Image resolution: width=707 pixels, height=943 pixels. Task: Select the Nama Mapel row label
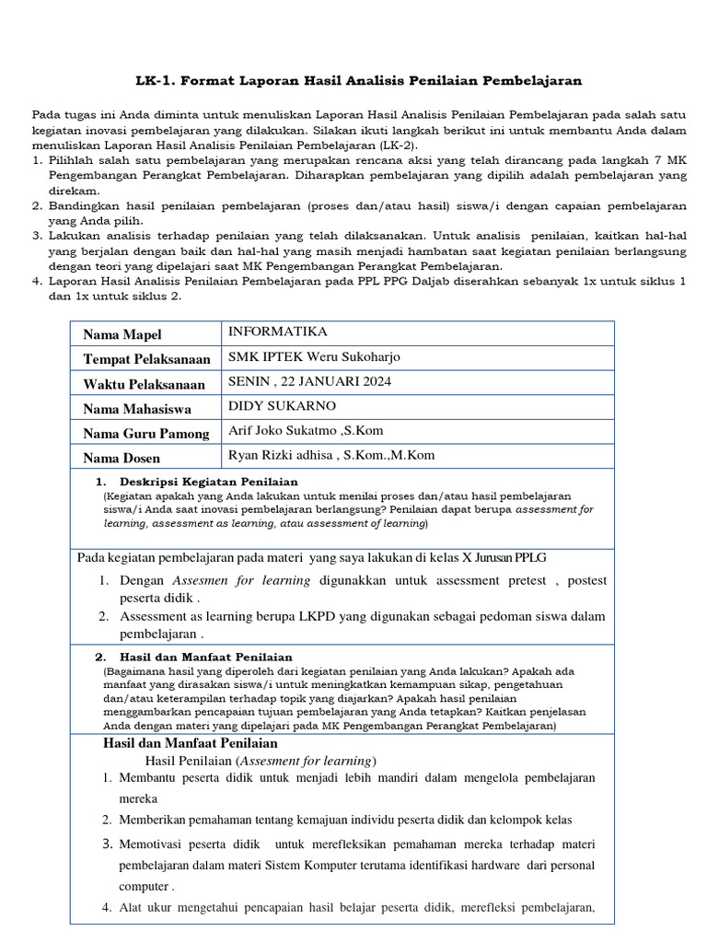click(123, 333)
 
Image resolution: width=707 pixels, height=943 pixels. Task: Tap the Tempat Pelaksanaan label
click(147, 359)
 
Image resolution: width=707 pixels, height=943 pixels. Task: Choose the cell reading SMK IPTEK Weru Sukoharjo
click(314, 357)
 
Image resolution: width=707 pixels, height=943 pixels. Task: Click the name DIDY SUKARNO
click(282, 406)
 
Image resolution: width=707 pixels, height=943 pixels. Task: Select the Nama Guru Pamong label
click(146, 434)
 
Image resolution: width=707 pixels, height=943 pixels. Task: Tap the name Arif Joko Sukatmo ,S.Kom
click(305, 430)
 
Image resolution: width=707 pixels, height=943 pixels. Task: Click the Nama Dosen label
click(122, 458)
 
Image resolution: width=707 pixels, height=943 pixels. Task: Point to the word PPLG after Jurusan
click(525, 557)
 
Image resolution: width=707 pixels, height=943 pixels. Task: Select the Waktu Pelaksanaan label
click(144, 384)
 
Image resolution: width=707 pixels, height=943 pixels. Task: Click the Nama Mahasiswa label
click(138, 409)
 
